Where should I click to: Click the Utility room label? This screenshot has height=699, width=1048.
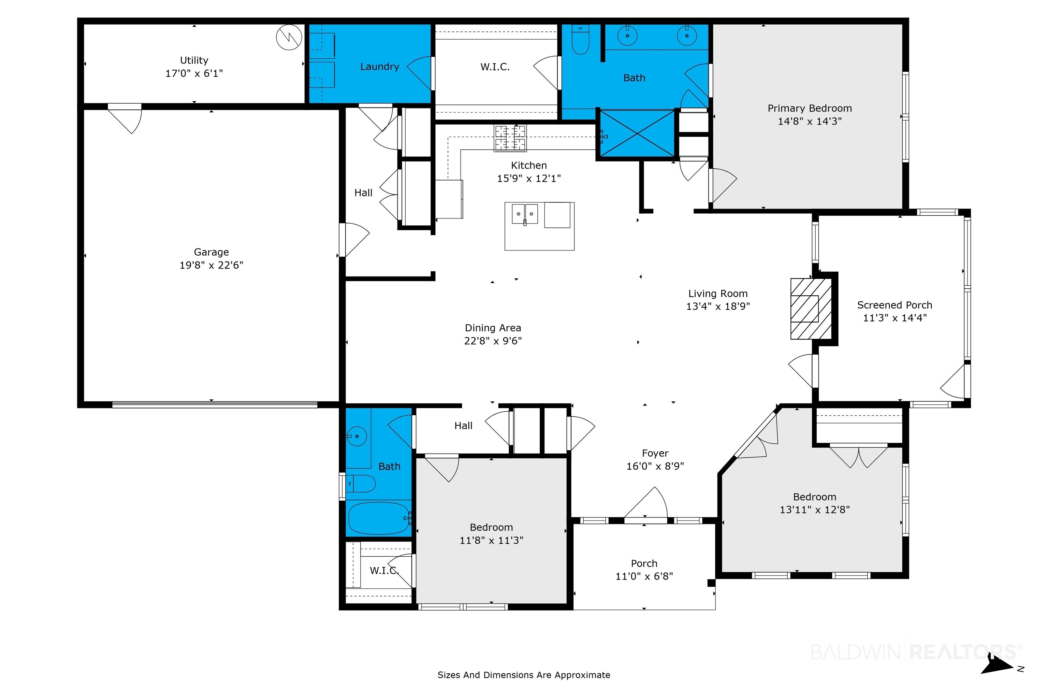[194, 60]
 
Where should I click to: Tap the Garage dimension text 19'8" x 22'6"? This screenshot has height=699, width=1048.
[211, 265]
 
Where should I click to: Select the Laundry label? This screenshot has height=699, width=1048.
[380, 67]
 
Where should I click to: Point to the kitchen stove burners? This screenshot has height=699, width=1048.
[510, 138]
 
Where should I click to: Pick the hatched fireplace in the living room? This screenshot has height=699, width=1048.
[811, 309]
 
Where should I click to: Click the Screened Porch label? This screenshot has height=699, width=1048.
[895, 305]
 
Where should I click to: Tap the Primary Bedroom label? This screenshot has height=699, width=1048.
[810, 108]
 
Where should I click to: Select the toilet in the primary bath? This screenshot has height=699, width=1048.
[580, 40]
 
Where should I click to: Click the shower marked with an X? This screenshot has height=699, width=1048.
[638, 133]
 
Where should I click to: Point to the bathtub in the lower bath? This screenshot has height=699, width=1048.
[378, 518]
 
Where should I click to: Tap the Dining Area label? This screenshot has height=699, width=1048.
[493, 328]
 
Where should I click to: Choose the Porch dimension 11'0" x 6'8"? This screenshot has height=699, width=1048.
[644, 576]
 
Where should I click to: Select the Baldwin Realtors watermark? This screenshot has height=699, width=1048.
[916, 652]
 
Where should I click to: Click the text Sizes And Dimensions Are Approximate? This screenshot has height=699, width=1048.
[524, 675]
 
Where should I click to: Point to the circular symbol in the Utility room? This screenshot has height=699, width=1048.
[289, 37]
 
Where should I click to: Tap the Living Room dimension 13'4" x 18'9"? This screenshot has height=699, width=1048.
[718, 306]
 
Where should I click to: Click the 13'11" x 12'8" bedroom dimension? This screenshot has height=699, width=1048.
[815, 510]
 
